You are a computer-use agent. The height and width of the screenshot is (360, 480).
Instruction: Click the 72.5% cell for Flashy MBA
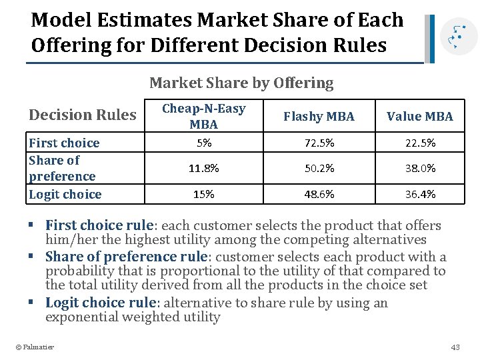click(x=319, y=143)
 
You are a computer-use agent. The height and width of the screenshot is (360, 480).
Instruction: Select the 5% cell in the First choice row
click(x=203, y=143)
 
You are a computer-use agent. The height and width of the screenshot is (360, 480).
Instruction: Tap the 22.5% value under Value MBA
click(x=419, y=143)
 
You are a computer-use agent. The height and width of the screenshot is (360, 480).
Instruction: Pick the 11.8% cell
click(x=203, y=169)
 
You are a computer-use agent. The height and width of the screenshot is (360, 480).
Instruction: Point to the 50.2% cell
click(x=319, y=169)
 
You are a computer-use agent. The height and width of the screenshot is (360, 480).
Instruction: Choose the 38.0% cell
click(x=419, y=169)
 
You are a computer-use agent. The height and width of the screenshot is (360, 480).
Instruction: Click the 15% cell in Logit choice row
click(x=203, y=194)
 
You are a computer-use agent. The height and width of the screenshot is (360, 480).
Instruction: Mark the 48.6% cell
click(x=319, y=194)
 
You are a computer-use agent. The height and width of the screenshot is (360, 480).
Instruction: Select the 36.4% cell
click(x=419, y=194)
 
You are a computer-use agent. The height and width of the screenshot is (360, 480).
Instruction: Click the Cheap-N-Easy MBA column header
click(x=203, y=116)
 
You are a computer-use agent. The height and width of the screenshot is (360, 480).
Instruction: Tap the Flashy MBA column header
click(x=319, y=117)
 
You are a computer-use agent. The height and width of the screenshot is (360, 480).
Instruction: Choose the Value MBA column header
click(x=419, y=117)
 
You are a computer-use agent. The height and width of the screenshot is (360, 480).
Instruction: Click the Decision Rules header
click(x=82, y=115)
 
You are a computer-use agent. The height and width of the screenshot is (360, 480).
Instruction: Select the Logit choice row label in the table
click(x=65, y=195)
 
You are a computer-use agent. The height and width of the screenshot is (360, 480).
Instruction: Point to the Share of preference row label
click(x=62, y=168)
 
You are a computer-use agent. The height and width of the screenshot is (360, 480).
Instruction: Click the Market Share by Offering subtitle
click(x=241, y=83)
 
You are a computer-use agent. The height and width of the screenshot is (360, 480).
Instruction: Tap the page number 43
click(x=455, y=347)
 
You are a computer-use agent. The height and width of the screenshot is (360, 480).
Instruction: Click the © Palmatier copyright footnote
click(x=35, y=347)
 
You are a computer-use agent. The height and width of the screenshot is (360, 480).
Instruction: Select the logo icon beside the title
click(x=455, y=38)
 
